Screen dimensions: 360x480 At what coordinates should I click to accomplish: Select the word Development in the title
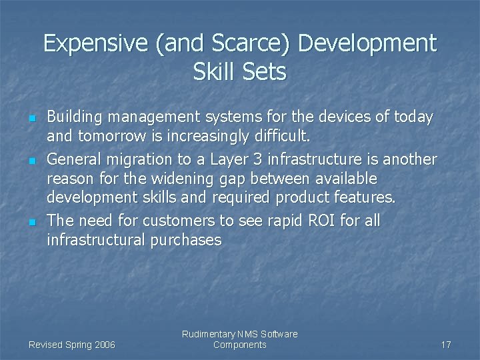tap(367, 44)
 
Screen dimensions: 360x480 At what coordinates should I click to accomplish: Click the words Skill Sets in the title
tap(240, 71)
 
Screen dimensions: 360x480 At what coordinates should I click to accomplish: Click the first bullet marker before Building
tap(31, 119)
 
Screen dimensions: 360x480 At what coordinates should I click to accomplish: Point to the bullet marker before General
tap(31, 161)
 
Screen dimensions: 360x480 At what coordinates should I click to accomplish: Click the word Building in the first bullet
tap(75, 118)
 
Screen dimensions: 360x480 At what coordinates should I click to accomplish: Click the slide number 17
tap(446, 345)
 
